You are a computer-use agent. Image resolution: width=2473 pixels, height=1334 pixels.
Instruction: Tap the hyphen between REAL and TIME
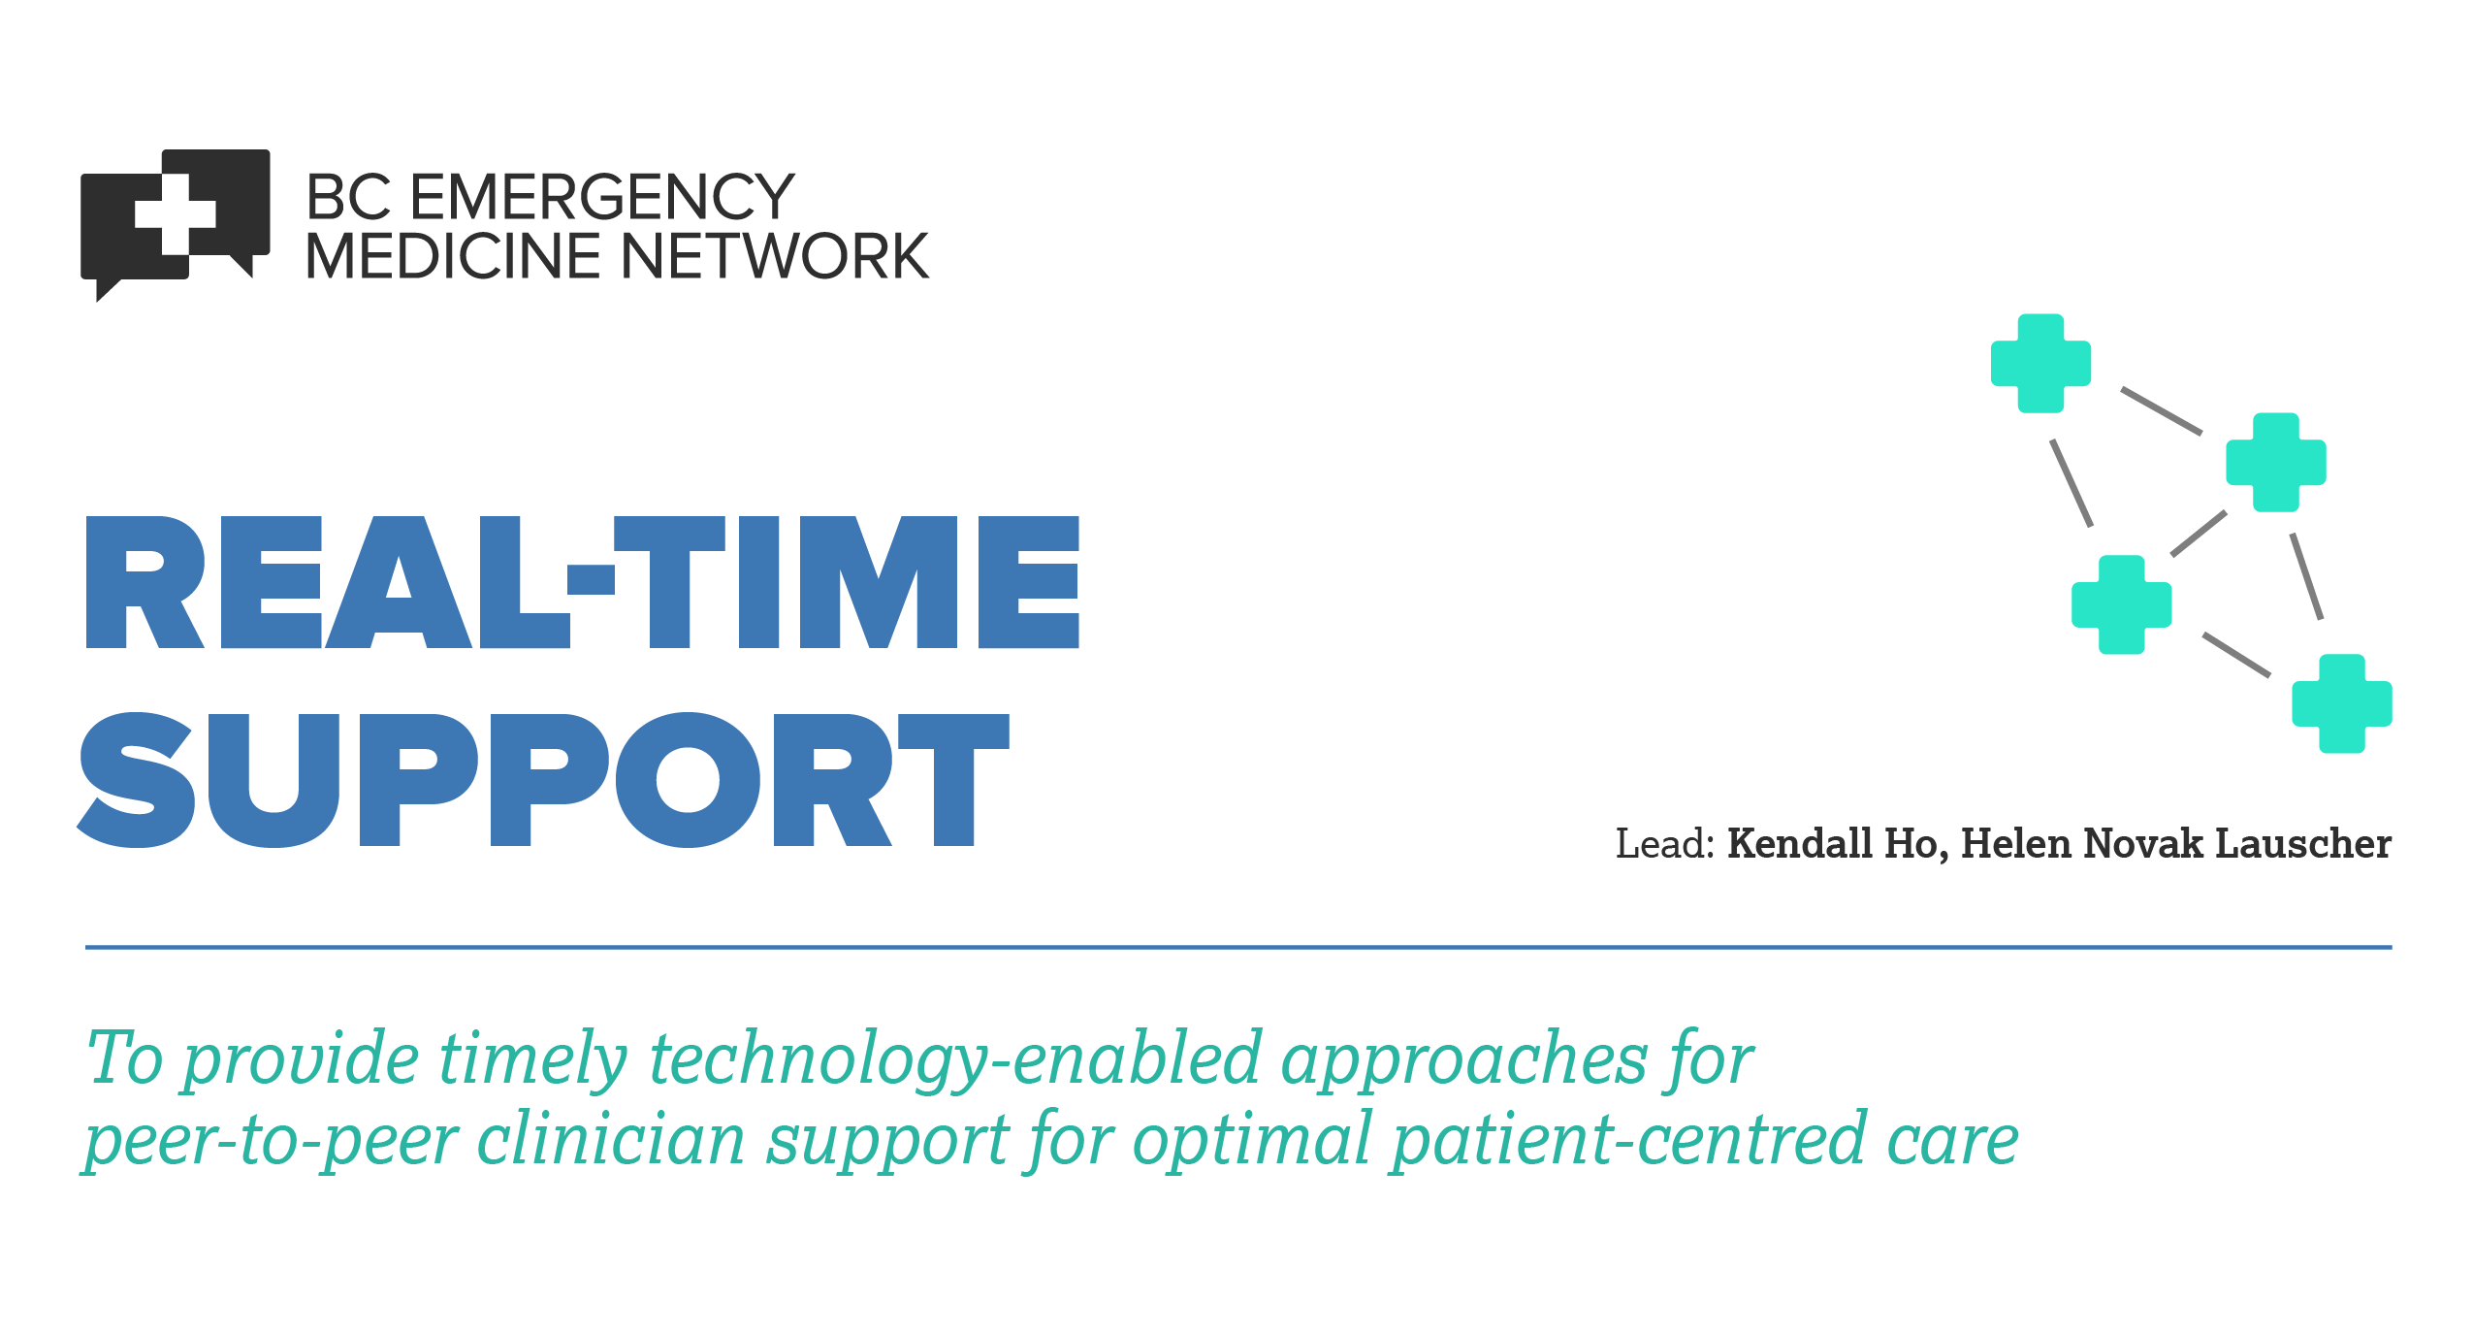[591, 579]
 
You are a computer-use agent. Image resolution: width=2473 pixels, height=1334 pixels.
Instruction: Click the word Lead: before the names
[1665, 844]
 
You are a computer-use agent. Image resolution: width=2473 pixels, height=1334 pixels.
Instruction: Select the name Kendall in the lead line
[1800, 843]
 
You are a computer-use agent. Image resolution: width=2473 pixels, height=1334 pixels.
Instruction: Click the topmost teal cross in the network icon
[2040, 364]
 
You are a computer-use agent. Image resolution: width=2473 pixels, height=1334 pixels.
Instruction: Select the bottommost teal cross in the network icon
[2341, 703]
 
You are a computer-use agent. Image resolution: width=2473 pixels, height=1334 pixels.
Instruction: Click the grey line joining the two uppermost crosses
[2161, 410]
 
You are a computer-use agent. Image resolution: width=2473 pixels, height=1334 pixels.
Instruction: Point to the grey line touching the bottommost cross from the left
[2236, 655]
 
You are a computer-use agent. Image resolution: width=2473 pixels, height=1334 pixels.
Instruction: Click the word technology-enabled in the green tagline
[955, 1059]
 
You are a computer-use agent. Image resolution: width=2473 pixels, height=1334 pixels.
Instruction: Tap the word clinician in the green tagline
[611, 1140]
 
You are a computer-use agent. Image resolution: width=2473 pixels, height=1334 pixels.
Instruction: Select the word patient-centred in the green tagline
[1629, 1140]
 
